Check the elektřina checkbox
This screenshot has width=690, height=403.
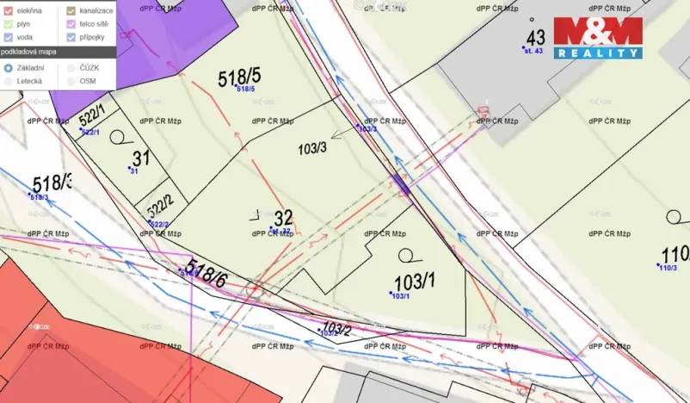click(7, 9)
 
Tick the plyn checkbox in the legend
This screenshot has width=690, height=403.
click(7, 23)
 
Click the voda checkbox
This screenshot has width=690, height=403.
click(7, 37)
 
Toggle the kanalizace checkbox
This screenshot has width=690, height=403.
click(72, 9)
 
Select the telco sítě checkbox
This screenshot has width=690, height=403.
click(72, 23)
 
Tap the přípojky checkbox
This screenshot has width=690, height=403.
click(72, 37)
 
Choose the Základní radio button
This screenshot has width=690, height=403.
click(8, 67)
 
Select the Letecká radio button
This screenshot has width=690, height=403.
click(8, 80)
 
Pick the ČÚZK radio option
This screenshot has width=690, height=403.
click(71, 67)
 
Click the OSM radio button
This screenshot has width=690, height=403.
click(71, 80)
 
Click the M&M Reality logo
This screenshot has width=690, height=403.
click(597, 37)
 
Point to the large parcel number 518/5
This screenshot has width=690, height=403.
click(239, 78)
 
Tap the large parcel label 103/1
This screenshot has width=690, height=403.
click(415, 282)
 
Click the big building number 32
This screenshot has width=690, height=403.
click(284, 218)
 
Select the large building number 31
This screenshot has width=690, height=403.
click(141, 158)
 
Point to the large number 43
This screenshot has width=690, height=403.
click(536, 38)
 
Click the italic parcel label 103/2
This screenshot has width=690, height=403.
click(336, 328)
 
